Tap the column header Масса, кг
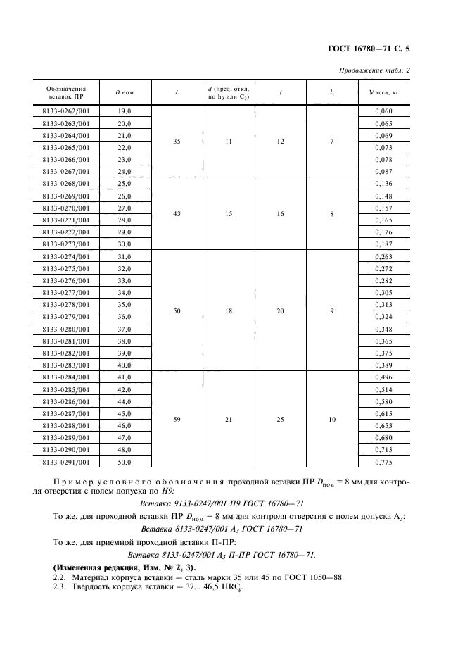tap(383, 92)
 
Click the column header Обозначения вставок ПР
tap(66, 92)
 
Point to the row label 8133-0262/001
tap(66, 111)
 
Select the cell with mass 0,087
tap(383, 171)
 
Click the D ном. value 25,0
tap(125, 183)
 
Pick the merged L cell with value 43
tap(177, 213)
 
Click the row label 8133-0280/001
tap(66, 329)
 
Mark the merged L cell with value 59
tap(177, 419)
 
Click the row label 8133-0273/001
tap(66, 243)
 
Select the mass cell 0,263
tap(383, 257)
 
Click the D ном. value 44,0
tap(125, 401)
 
